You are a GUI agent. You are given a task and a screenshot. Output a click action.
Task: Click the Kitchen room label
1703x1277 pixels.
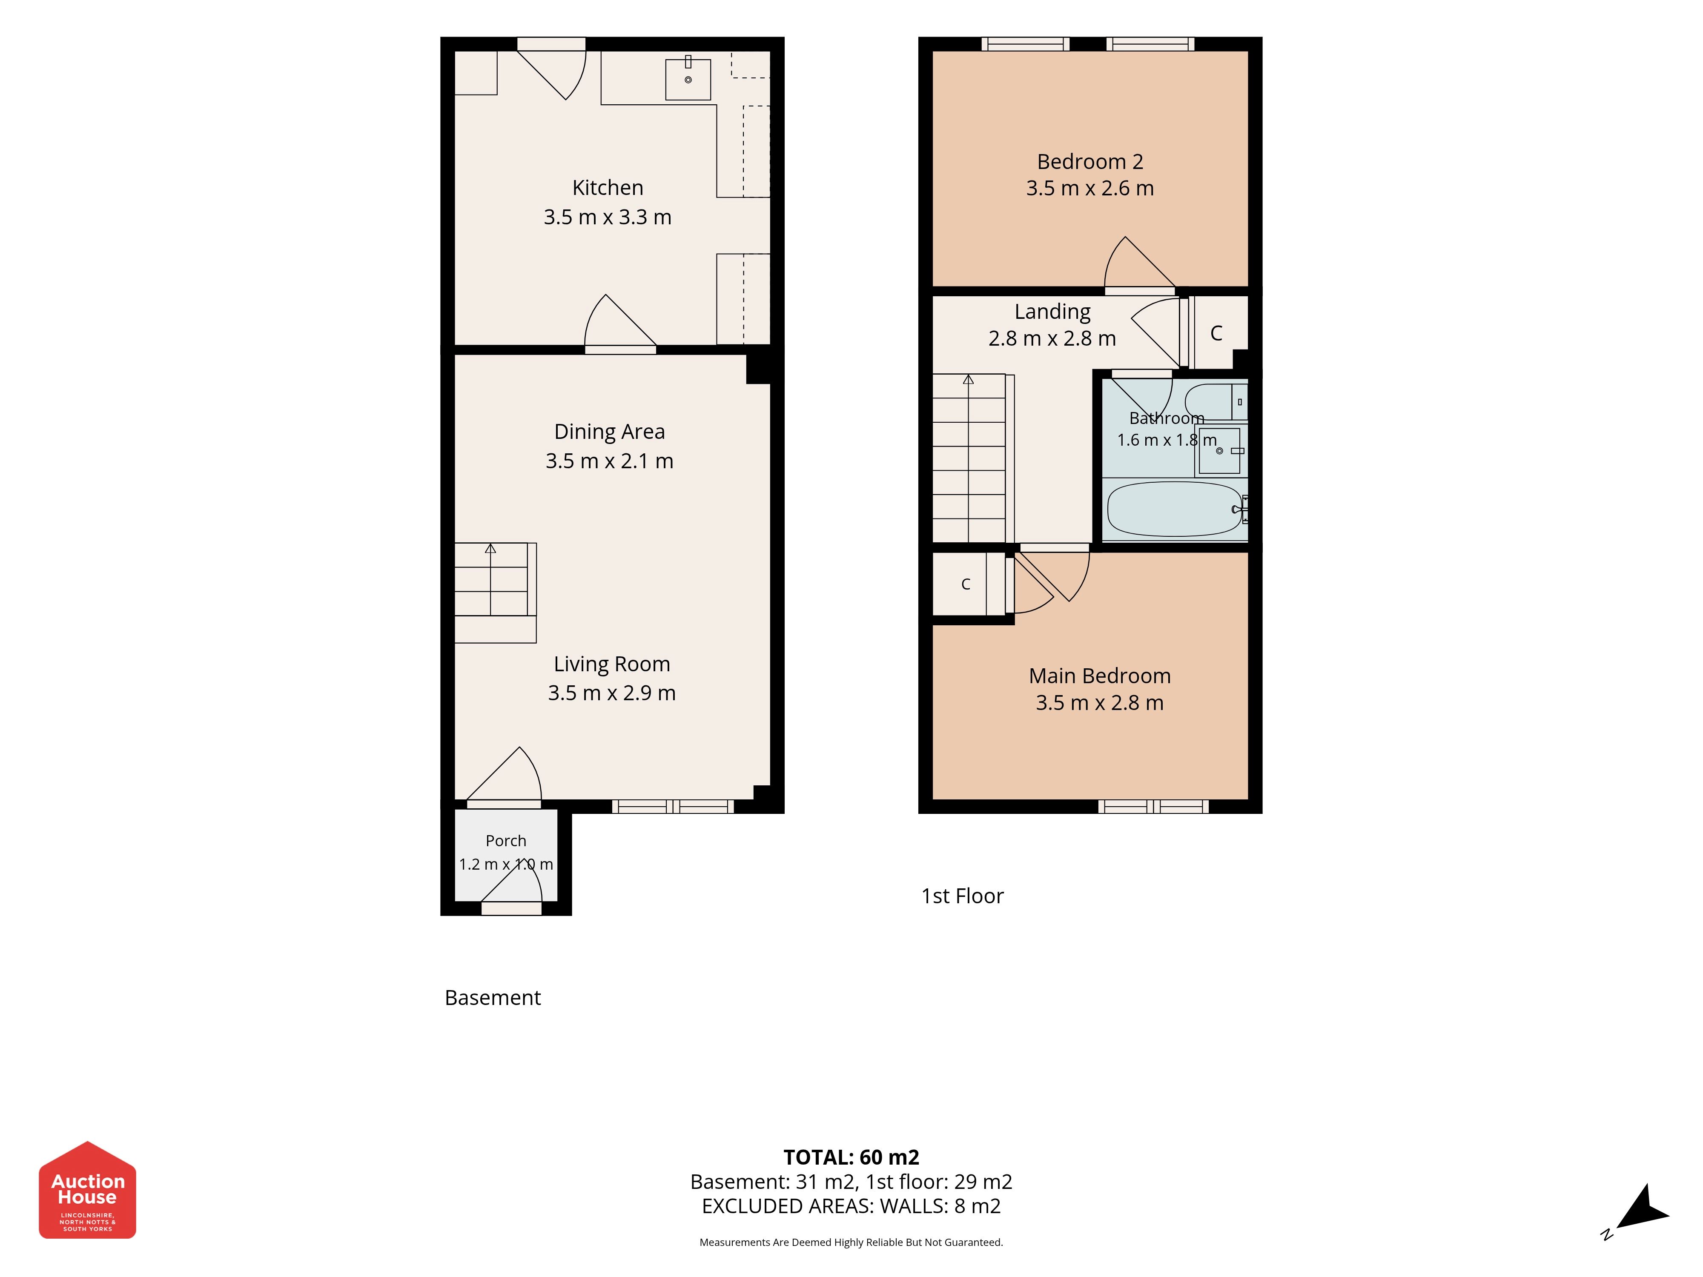[608, 188]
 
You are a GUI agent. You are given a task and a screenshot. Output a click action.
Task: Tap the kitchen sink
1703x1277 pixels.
[688, 78]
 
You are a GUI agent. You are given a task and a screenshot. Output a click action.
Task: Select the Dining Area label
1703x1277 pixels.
[609, 432]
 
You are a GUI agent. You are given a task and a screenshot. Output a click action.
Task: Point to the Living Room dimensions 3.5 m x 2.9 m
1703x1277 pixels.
[611, 693]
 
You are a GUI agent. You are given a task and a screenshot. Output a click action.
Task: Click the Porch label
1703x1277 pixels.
[506, 841]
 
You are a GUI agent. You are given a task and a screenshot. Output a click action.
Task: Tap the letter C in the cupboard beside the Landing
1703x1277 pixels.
[1216, 333]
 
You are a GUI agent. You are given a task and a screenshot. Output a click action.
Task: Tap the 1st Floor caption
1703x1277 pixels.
[962, 896]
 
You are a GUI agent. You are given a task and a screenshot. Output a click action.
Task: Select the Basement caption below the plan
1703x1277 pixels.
[493, 998]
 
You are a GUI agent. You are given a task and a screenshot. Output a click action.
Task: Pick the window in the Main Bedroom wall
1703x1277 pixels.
[1153, 807]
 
